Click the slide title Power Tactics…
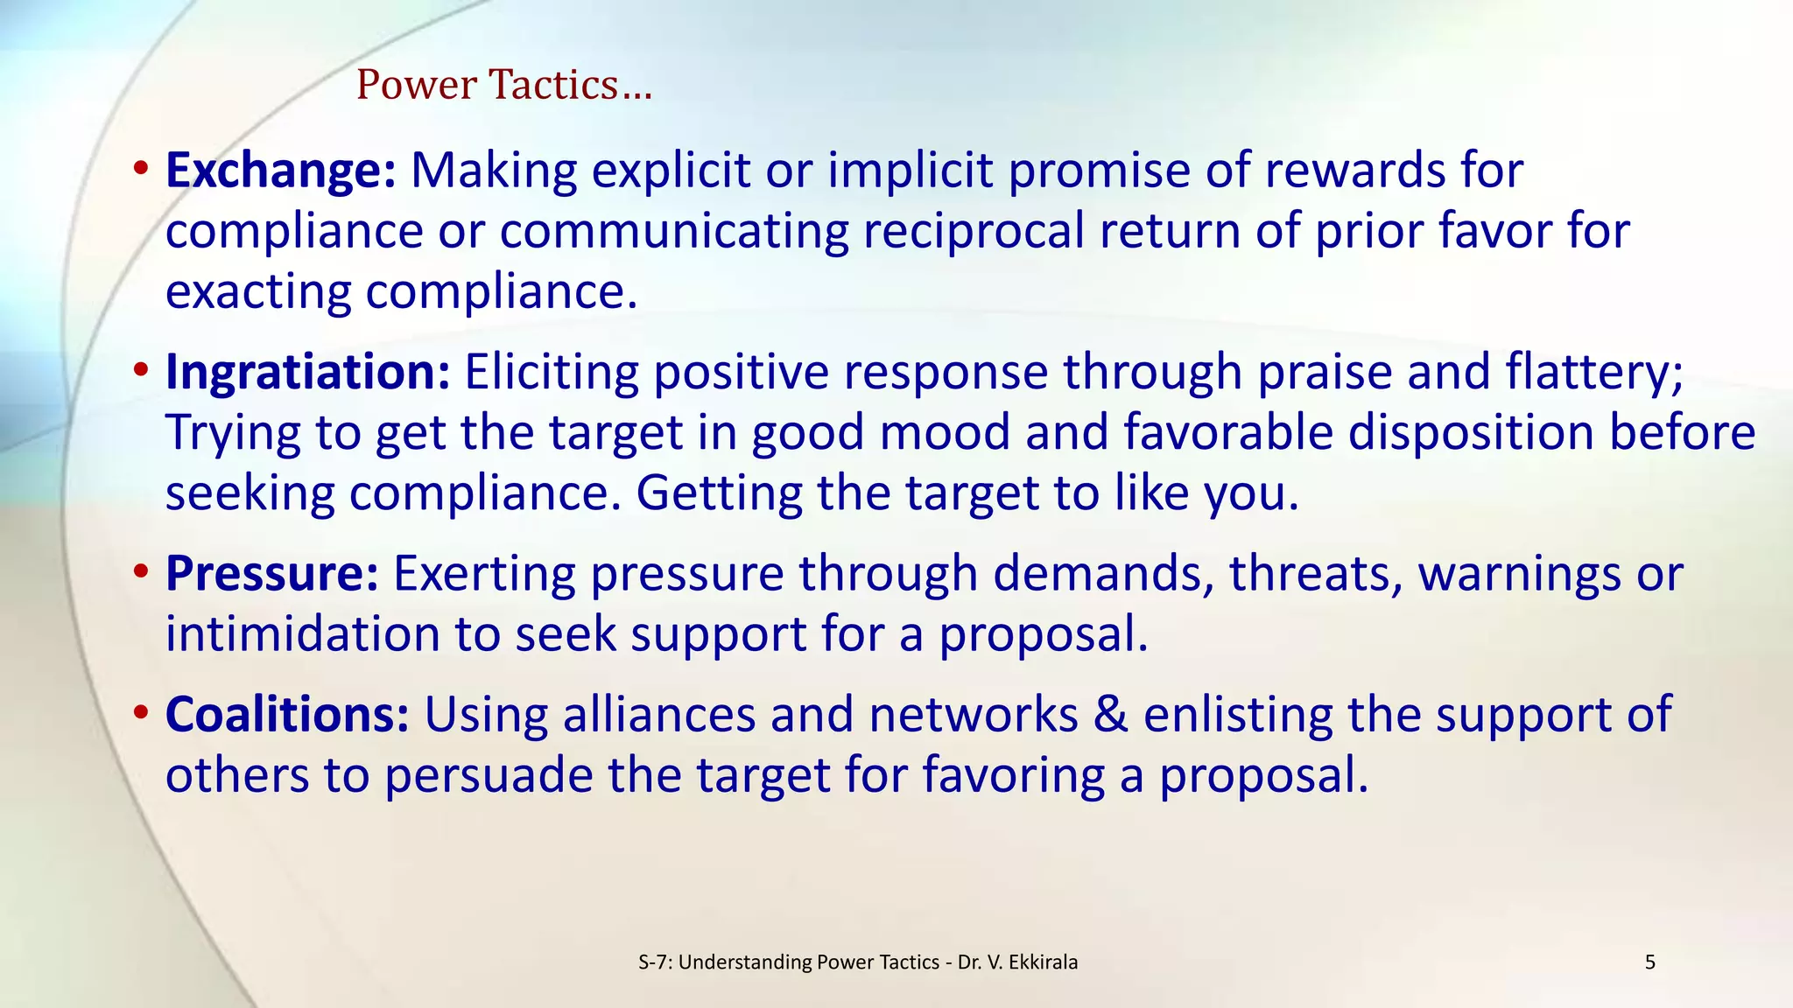pos(504,85)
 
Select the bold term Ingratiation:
pos(307,372)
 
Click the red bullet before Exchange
pos(141,169)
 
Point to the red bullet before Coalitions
pos(141,713)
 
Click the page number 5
pos(1650,962)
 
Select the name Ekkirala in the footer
pos(1044,962)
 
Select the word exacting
pos(257,292)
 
